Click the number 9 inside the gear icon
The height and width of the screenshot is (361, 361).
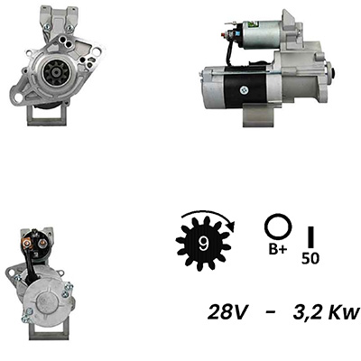[x=204, y=244]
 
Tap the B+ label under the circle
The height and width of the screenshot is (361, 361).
[x=278, y=249]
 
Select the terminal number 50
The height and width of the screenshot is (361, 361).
[x=310, y=258]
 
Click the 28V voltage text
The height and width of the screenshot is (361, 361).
[x=227, y=312]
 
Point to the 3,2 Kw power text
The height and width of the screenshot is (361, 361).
[x=327, y=312]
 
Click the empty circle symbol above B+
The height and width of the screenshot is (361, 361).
[x=278, y=227]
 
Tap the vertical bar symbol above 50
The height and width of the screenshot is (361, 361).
[x=310, y=236]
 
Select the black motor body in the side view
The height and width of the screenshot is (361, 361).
[x=245, y=88]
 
